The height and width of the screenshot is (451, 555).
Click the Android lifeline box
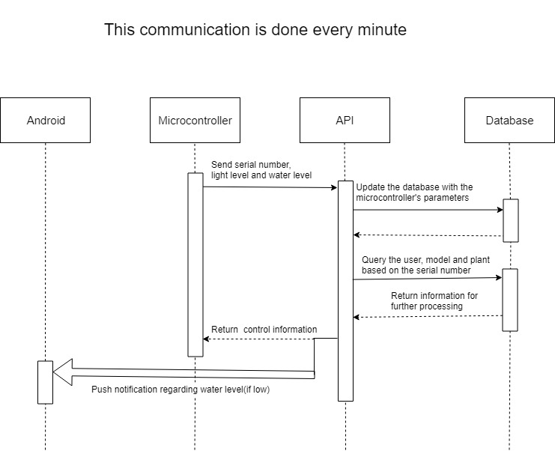(45, 120)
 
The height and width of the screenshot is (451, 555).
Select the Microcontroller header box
(195, 120)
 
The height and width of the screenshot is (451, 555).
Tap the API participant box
(345, 120)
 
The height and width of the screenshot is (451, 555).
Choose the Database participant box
(509, 120)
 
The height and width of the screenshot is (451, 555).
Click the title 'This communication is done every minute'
(255, 30)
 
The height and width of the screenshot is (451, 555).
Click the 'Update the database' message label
(414, 192)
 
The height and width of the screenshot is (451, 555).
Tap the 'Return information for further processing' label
(434, 301)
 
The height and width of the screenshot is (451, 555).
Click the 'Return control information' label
(264, 330)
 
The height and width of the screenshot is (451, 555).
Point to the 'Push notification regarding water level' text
(180, 390)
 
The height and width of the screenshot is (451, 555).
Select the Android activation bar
(45, 382)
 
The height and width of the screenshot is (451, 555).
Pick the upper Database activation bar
(510, 220)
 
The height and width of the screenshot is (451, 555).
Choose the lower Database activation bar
(510, 300)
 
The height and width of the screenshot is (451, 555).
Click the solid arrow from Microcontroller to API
(270, 187)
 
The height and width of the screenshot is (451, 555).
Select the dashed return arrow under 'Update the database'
(428, 235)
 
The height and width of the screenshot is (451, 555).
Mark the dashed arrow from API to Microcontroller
(258, 339)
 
